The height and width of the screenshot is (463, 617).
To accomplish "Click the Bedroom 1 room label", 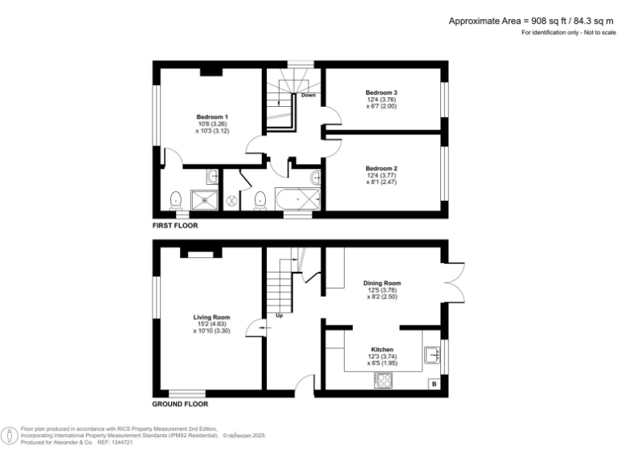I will (211, 117).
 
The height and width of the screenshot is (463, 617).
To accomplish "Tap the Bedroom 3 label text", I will (382, 92).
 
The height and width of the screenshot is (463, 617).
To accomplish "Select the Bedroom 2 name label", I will (382, 169).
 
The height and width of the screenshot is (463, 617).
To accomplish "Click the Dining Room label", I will (382, 284).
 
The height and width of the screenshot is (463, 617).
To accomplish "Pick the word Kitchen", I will (382, 350).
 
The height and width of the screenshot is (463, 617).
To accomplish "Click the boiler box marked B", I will (435, 385).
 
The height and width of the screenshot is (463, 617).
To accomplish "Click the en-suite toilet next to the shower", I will (175, 198).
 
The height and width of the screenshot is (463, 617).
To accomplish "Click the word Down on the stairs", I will (308, 96).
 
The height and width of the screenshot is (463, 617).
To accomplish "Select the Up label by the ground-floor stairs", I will (279, 315).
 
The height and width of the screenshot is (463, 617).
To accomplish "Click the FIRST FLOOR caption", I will (175, 226).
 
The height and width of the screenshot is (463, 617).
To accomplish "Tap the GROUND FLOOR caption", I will (180, 404).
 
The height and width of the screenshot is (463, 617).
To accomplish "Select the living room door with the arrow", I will (255, 326).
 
